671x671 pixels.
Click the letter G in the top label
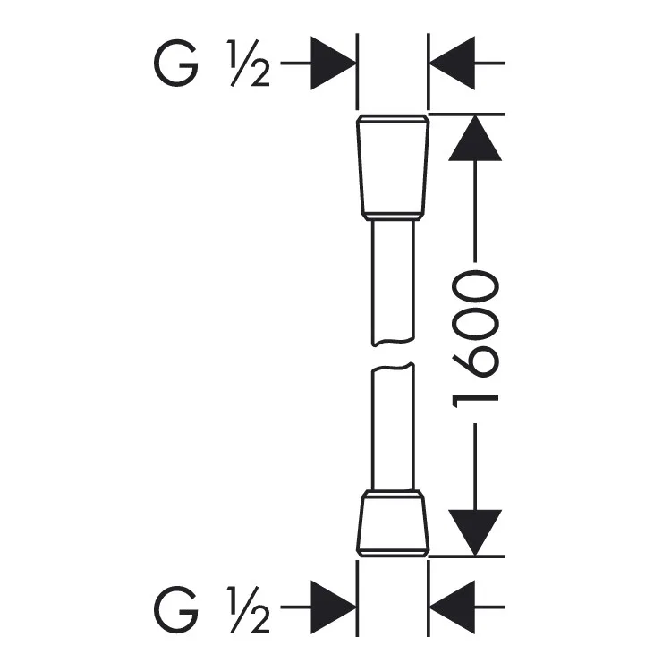(176, 64)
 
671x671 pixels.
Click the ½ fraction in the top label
(249, 64)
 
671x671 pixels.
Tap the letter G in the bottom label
(176, 609)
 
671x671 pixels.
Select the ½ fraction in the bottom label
(249, 609)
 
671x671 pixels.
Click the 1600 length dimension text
(475, 339)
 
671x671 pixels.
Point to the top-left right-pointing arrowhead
(333, 64)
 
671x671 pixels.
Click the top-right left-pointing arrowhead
(452, 64)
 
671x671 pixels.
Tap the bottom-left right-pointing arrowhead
(333, 607)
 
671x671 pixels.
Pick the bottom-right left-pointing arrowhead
(452, 607)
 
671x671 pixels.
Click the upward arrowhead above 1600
(475, 138)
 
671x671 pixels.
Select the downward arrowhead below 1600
(475, 533)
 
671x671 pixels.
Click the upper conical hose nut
(393, 168)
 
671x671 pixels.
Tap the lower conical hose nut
(393, 523)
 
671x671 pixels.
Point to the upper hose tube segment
(393, 283)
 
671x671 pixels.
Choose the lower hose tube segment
(393, 427)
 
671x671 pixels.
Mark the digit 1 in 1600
(475, 400)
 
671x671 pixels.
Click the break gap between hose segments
(393, 354)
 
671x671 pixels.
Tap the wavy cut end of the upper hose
(393, 343)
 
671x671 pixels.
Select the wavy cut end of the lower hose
(393, 366)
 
